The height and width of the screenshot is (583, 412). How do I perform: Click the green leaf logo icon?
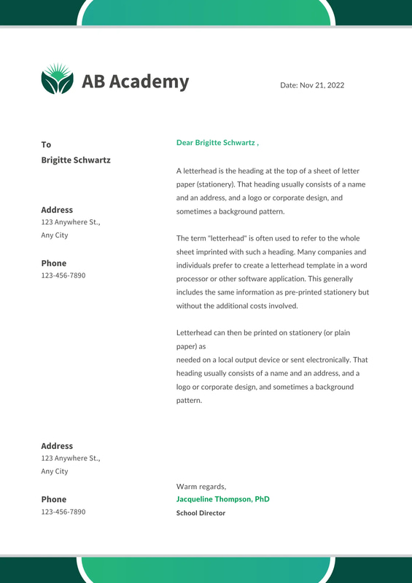57,79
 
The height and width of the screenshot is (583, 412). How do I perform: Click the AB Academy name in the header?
135,82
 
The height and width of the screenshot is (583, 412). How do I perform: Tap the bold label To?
46,145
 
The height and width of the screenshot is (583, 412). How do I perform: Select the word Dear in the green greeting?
185,143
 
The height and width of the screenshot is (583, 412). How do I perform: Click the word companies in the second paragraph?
337,251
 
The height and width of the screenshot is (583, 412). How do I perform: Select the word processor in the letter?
195,279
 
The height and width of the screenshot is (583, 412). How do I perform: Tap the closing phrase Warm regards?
201,487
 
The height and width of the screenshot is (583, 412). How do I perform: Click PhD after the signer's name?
262,499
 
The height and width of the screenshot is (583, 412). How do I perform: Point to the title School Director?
201,513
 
